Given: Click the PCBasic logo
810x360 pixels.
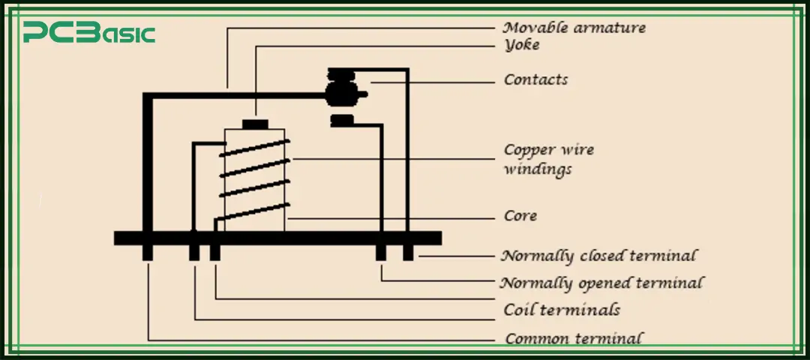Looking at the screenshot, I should pos(88,33).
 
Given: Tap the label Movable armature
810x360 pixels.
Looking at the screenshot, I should pos(574,28).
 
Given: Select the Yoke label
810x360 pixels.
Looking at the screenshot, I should pos(521,45).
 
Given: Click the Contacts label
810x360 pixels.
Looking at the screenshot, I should pos(535,79).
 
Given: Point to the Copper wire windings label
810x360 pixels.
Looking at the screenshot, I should pos(548,159).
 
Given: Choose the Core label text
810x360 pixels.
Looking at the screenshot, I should pos(520,216).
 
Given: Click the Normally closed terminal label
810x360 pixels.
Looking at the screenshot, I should pos(598,256).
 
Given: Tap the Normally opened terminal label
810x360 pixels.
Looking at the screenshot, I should pos(601,283).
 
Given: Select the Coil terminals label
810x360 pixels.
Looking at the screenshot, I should pos(561,309).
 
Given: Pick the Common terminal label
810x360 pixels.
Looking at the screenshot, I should pos(574,338).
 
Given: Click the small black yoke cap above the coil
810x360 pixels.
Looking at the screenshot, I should pos(255,124).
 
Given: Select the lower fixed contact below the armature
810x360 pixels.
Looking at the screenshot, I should pos(342,120).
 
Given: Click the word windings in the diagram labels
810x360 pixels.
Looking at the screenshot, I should pos(537,169).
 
